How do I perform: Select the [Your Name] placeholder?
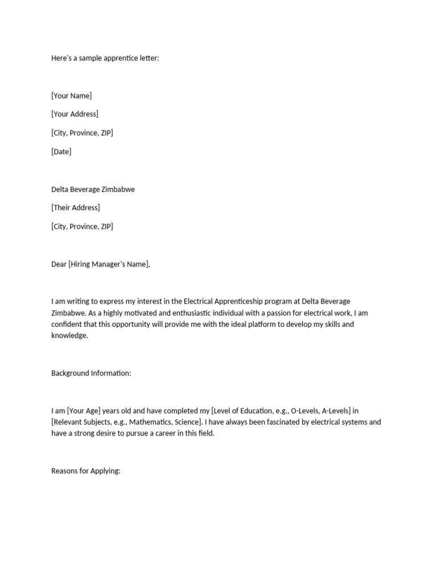71,96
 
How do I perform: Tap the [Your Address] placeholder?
75,114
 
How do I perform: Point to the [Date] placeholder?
61,152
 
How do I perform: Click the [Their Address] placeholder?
75,208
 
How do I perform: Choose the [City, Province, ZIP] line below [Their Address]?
82,227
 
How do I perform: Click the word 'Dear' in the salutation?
59,264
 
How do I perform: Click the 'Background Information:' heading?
91,373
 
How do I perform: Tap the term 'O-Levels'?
305,411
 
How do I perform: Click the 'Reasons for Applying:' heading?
85,471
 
